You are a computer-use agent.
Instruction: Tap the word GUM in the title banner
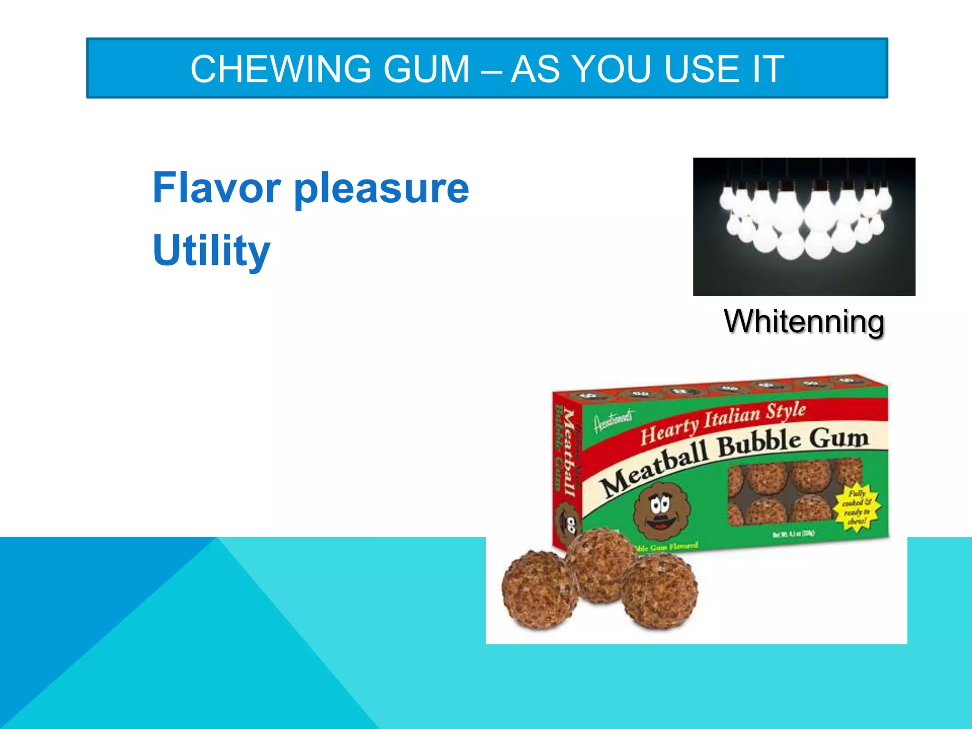(426, 69)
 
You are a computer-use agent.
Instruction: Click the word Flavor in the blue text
(216, 188)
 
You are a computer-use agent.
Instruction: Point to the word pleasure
(382, 190)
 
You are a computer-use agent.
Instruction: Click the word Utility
(212, 251)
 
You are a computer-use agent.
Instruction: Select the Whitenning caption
(804, 322)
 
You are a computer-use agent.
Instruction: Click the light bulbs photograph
(804, 226)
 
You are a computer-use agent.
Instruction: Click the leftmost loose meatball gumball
(539, 590)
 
